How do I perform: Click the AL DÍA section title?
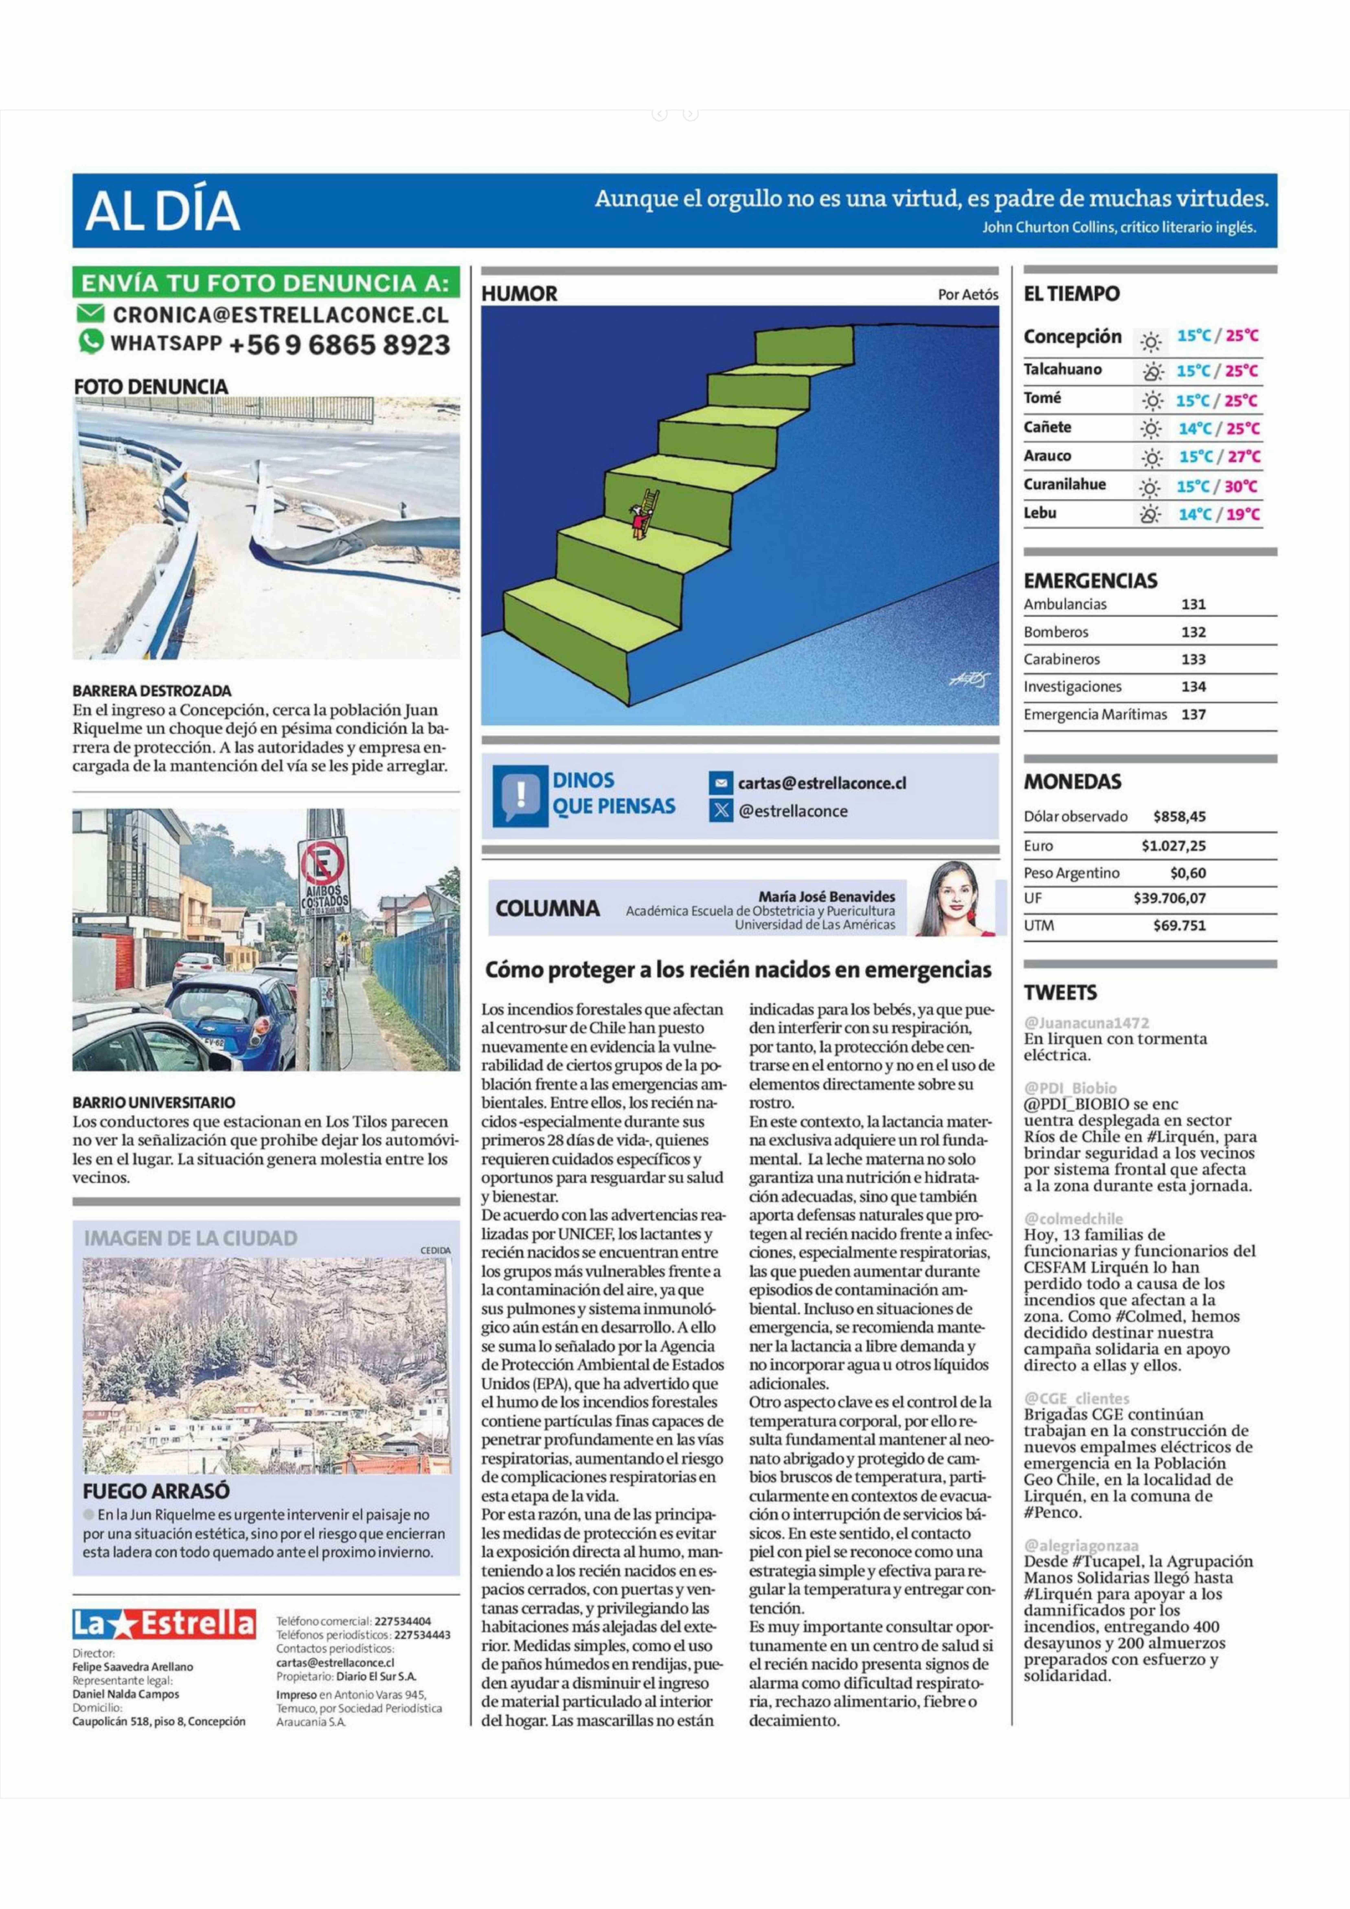pos(162,211)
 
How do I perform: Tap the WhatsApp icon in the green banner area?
pos(91,342)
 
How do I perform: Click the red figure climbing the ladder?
pos(638,522)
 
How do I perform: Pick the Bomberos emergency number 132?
pos(1193,632)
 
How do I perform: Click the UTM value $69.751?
pos(1179,925)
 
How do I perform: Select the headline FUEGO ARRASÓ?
pos(156,1491)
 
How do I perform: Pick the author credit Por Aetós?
pos(968,294)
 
